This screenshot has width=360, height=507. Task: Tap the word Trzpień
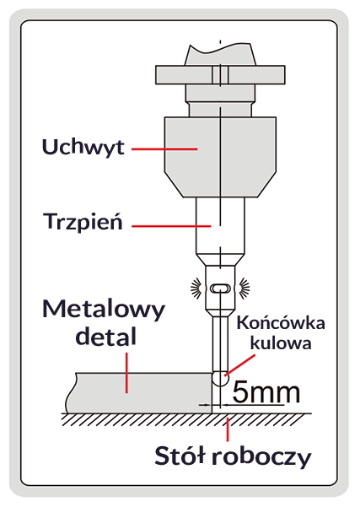pyautogui.click(x=83, y=224)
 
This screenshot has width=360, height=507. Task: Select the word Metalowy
pyautogui.click(x=105, y=310)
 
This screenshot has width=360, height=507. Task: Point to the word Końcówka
pyautogui.click(x=282, y=323)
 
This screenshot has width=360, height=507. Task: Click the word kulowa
pyautogui.click(x=282, y=343)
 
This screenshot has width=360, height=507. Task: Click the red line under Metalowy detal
pyautogui.click(x=126, y=372)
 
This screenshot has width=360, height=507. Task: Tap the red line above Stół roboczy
pyautogui.click(x=226, y=429)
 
